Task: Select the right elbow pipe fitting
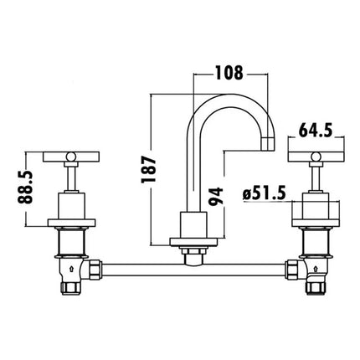pyautogui.click(x=311, y=277)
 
